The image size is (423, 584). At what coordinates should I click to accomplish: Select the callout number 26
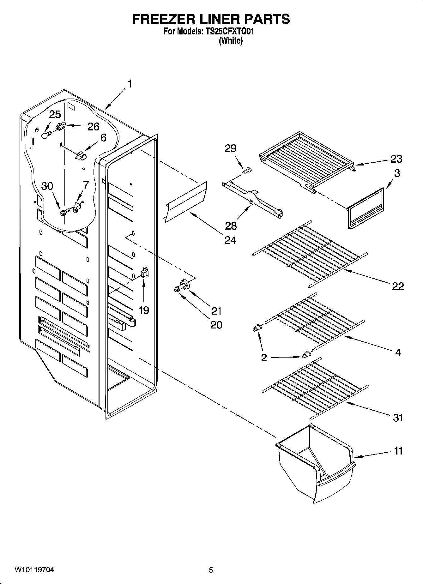93,127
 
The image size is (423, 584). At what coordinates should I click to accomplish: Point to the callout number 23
396,159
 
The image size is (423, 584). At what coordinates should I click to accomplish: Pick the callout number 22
398,286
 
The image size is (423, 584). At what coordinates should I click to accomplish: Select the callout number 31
398,418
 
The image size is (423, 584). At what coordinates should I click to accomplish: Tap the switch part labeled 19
144,272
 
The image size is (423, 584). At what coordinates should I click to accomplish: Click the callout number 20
216,325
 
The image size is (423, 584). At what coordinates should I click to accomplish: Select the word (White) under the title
231,41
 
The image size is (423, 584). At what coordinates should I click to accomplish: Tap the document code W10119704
34,570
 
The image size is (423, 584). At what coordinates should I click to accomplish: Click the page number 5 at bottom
211,570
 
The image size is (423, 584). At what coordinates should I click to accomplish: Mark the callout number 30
47,186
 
